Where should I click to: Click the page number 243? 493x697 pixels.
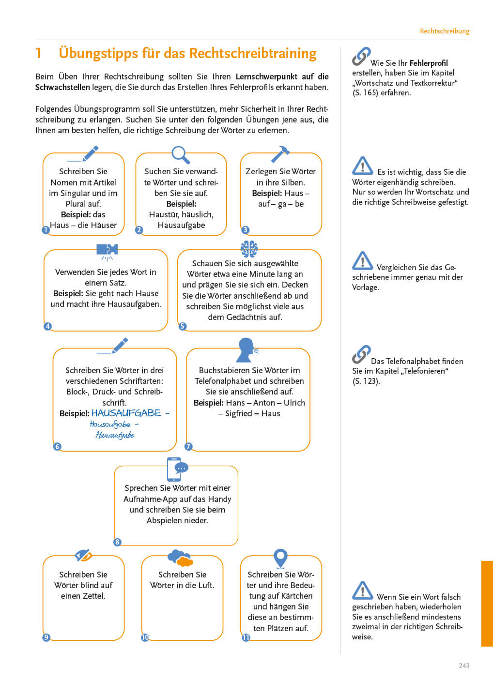464,666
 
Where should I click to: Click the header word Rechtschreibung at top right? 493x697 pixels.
445,31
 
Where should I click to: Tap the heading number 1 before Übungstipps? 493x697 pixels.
39,53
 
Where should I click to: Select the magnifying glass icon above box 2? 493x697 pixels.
180,154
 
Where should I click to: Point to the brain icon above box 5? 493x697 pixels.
249,249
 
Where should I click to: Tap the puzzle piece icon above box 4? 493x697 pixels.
107,250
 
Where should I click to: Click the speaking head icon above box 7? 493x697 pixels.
246,350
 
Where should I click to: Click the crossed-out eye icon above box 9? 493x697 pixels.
83,555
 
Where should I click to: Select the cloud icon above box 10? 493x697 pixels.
180,558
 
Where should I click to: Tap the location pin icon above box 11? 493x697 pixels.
280,558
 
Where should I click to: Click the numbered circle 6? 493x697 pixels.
57,446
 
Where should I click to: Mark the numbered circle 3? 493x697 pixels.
246,230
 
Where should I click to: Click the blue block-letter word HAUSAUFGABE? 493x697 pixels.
126,413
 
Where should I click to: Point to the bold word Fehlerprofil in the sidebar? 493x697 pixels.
429,63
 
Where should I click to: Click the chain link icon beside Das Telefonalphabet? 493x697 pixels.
361,355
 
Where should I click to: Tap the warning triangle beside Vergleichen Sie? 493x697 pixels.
362,261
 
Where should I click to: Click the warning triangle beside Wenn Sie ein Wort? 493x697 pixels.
362,591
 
